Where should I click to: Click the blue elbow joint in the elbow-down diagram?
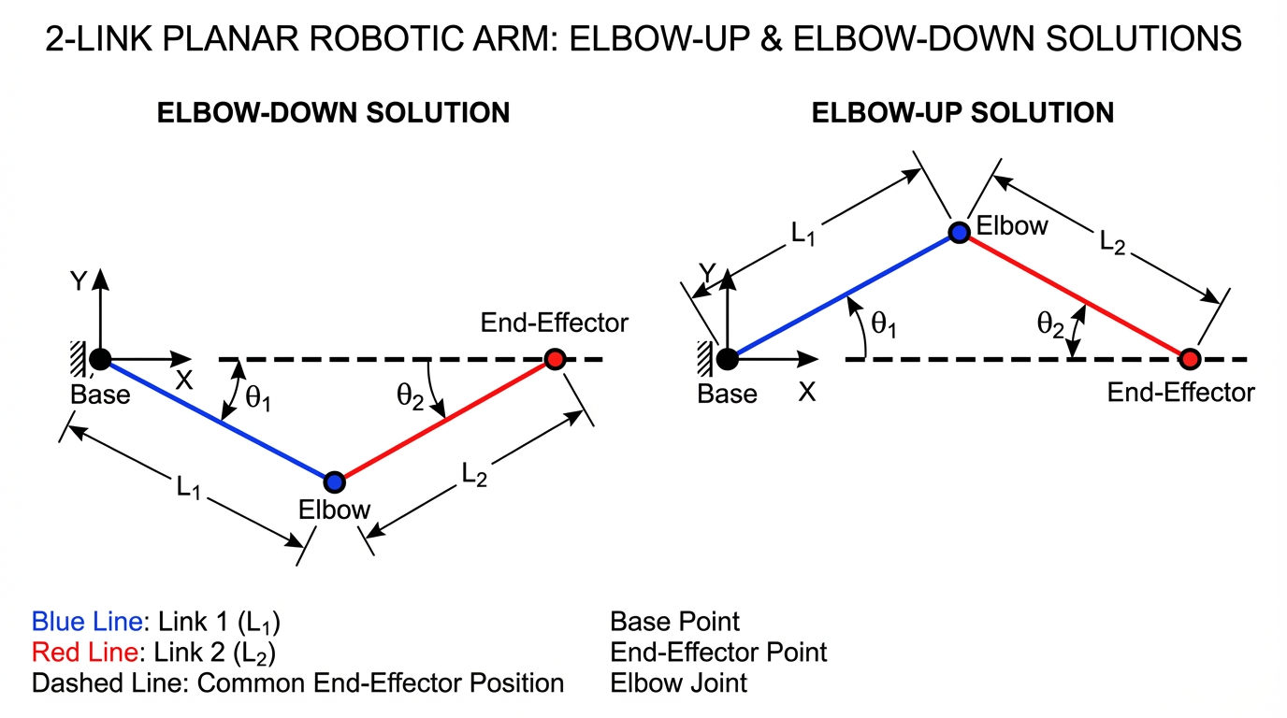click(x=334, y=481)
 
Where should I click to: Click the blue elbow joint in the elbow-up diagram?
click(x=958, y=232)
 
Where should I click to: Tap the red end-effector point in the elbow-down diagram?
click(x=555, y=359)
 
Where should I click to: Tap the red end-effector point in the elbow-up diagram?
click(x=1189, y=358)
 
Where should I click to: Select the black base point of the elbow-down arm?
click(x=100, y=358)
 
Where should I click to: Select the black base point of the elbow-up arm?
click(x=727, y=358)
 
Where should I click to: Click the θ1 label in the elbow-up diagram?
click(x=884, y=323)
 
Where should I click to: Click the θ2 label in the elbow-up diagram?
click(x=1050, y=324)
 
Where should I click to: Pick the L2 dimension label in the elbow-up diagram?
click(x=1112, y=242)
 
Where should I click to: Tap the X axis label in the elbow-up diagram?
click(x=806, y=392)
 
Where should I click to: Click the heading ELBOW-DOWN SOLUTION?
click(x=333, y=113)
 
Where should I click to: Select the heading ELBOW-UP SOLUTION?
click(x=962, y=113)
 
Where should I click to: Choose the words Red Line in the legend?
click(x=84, y=652)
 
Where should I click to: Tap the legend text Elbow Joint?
click(x=678, y=682)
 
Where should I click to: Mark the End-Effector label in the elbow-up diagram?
click(x=1180, y=392)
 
